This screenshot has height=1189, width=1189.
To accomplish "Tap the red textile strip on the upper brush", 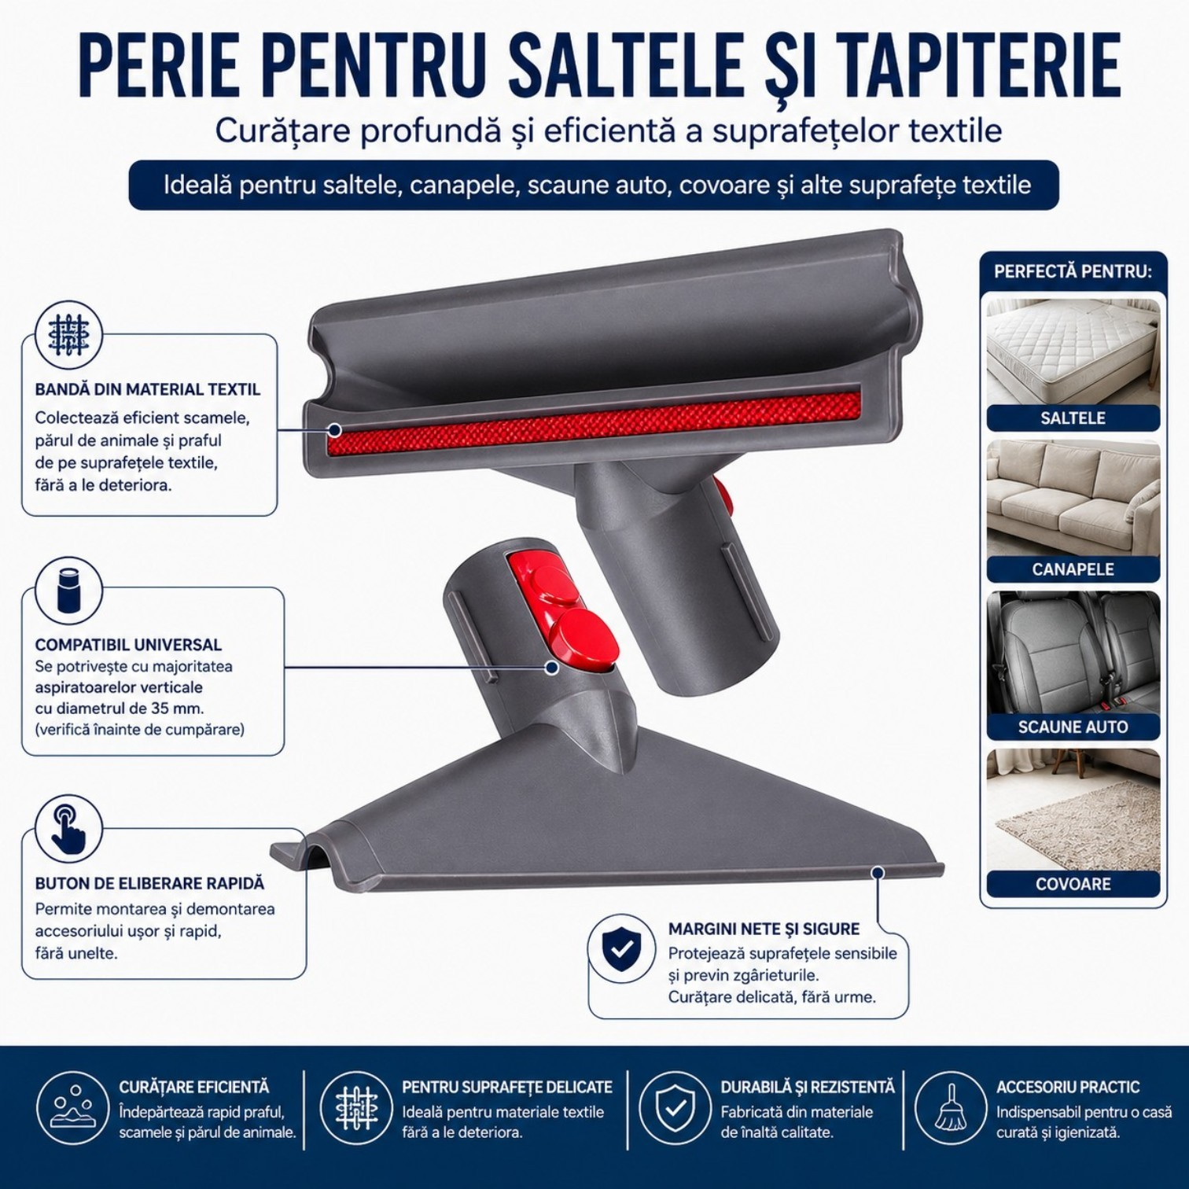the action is pyautogui.click(x=594, y=422).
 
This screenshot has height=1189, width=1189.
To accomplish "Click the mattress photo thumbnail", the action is pyautogui.click(x=1073, y=352).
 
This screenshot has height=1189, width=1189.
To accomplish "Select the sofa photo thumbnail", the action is pyautogui.click(x=1073, y=499).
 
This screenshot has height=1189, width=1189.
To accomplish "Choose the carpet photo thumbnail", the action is pyautogui.click(x=1073, y=810).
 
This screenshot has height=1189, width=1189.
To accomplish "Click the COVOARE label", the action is pyautogui.click(x=1073, y=884).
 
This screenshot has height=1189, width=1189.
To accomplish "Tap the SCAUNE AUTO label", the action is pyautogui.click(x=1073, y=727).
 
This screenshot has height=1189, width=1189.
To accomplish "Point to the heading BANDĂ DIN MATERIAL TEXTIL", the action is pyautogui.click(x=147, y=389).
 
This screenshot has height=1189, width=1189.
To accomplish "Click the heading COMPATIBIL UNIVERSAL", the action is pyautogui.click(x=128, y=645).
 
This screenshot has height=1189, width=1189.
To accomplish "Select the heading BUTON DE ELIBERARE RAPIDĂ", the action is pyautogui.click(x=149, y=884).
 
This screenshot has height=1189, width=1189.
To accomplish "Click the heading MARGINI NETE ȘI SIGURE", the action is pyautogui.click(x=764, y=929).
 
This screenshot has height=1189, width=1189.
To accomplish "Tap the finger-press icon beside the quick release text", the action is pyautogui.click(x=69, y=829).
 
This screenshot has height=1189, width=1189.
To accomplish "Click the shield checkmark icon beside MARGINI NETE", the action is pyautogui.click(x=621, y=948).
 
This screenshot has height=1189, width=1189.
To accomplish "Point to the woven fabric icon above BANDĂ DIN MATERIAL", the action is pyautogui.click(x=68, y=335).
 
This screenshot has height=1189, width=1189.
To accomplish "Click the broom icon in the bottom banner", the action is pyautogui.click(x=950, y=1107).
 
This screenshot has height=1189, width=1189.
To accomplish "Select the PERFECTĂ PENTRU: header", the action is pyautogui.click(x=1073, y=272).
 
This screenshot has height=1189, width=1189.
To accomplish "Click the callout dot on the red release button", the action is pyautogui.click(x=552, y=667).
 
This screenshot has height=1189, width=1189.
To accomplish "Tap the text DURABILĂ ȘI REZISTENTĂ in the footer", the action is pyautogui.click(x=808, y=1087).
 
